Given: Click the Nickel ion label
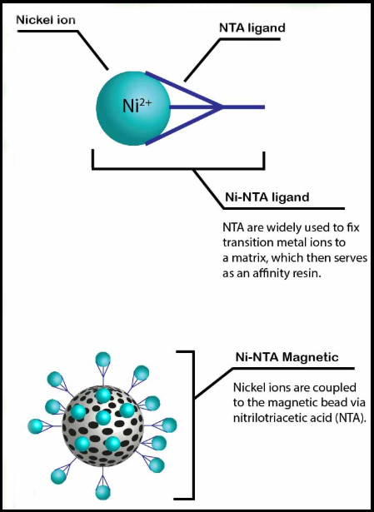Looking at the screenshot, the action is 46,20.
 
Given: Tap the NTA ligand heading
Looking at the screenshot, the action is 252,28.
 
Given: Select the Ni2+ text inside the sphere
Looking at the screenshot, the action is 137,106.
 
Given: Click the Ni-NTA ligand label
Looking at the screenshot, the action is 267,197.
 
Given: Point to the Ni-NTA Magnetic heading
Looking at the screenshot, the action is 287,357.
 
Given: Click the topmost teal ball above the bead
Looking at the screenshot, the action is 103,360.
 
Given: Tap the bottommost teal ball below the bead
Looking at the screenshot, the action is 103,492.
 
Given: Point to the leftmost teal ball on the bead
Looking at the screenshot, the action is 36,426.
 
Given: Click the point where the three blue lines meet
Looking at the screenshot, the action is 222,107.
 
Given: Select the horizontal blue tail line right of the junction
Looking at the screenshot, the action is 243,107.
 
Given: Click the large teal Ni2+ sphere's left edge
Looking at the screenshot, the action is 97,107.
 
